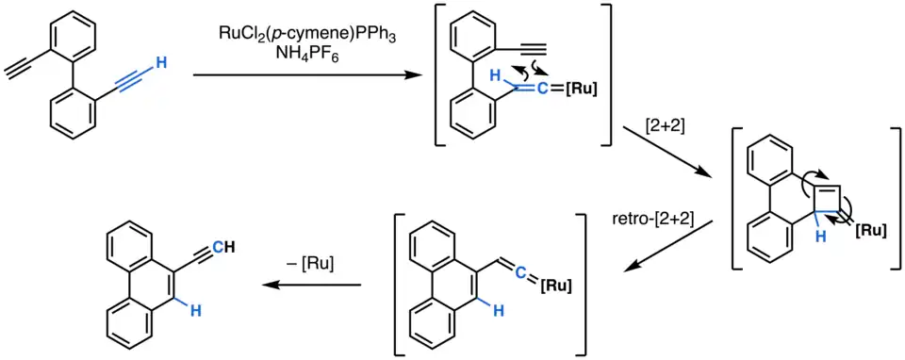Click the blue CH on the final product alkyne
click(222, 249)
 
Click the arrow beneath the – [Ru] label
click(312, 285)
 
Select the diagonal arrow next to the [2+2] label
click(666, 150)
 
